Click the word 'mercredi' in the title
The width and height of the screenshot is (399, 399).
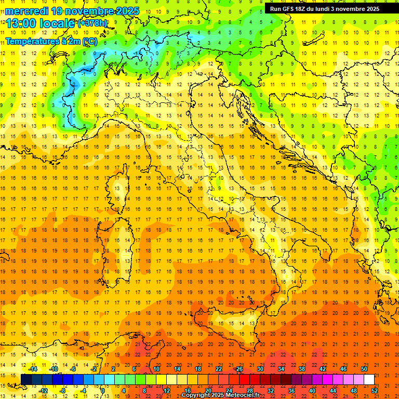coord(26,11)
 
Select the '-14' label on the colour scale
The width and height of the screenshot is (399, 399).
coord(33,369)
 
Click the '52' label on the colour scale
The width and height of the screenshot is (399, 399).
coord(375,391)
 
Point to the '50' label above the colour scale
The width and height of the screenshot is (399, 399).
coord(364,369)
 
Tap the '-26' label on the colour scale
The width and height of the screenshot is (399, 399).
coord(238,369)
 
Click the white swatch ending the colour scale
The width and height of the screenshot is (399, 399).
coord(369,380)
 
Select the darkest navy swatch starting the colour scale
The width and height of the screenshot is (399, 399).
coord(26,380)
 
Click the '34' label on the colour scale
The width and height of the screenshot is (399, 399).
coord(281,369)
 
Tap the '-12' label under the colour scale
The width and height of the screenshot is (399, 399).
coord(44,391)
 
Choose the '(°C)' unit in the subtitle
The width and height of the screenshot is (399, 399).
coord(89,41)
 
